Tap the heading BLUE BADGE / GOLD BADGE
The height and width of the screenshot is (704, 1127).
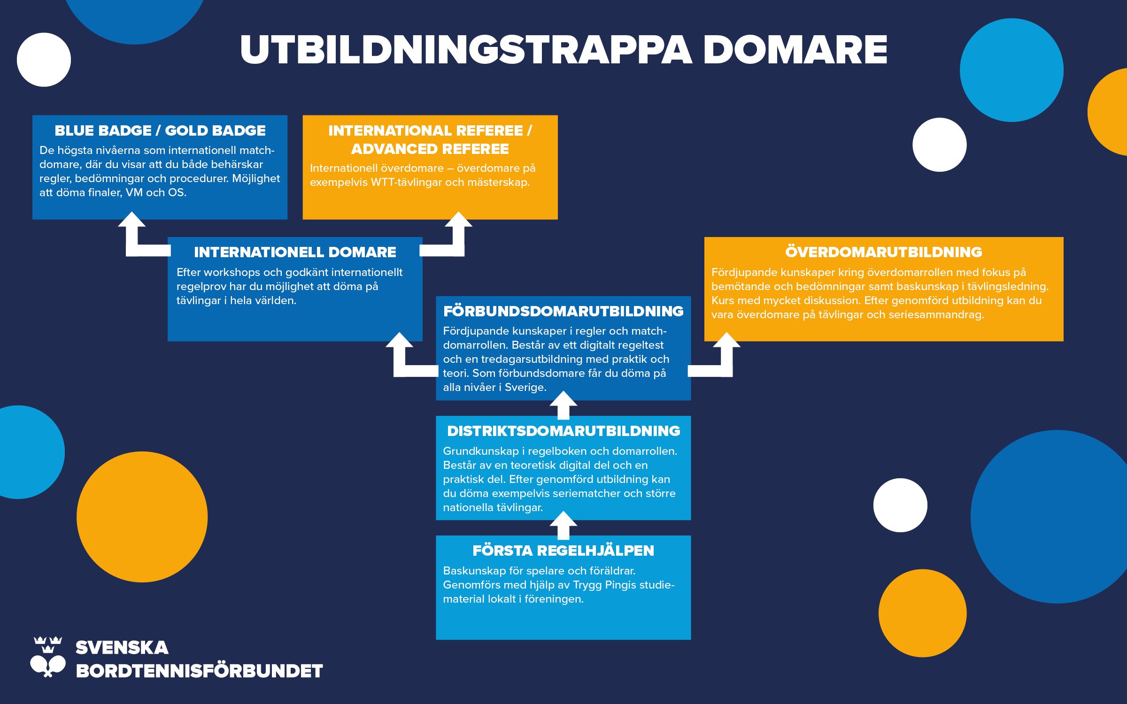pyautogui.click(x=160, y=130)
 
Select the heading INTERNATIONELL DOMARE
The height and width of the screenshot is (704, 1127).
pyautogui.click(x=295, y=252)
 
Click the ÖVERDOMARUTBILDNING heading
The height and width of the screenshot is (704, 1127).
pyautogui.click(x=883, y=252)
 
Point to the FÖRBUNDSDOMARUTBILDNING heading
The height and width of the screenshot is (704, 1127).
pyautogui.click(x=563, y=311)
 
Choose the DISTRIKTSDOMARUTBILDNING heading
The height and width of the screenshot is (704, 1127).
pyautogui.click(x=563, y=431)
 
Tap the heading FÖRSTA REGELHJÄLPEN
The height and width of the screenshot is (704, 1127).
pyautogui.click(x=563, y=551)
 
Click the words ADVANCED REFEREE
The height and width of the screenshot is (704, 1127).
pyautogui.click(x=430, y=149)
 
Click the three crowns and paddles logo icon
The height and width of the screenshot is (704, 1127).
pyautogui.click(x=48, y=657)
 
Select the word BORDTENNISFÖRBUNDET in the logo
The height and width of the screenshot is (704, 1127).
pyautogui.click(x=199, y=671)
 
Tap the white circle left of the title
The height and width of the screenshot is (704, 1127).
pyautogui.click(x=44, y=60)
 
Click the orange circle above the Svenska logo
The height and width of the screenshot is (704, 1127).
pyautogui.click(x=142, y=517)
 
